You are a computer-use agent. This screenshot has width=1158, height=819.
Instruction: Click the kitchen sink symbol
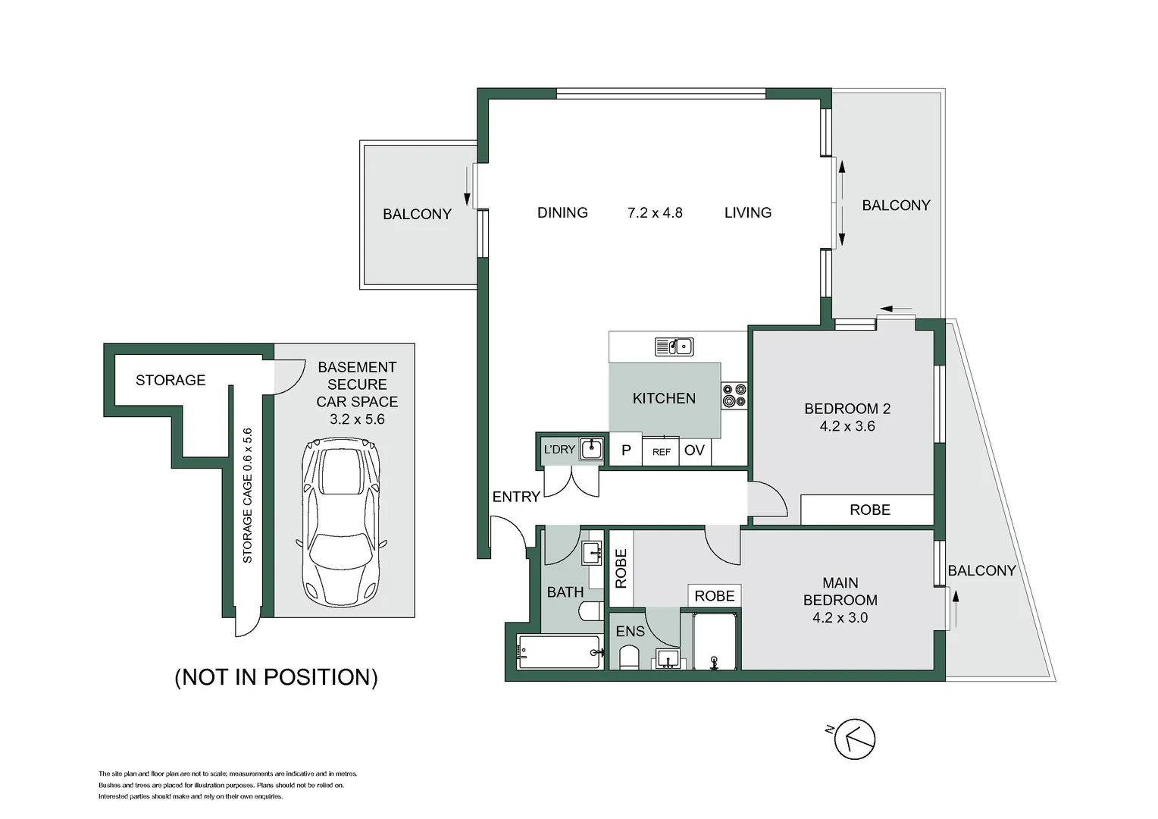point(674,346)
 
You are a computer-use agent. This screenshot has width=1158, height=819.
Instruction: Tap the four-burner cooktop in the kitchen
point(734,395)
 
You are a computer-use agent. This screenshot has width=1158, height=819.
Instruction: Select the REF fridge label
point(661,452)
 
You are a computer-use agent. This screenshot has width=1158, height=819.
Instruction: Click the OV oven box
point(695,451)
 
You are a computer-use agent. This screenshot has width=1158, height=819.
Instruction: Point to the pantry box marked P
point(626,450)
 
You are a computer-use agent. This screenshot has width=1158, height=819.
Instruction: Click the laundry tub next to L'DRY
point(591,449)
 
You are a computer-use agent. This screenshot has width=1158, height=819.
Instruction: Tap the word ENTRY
point(516,497)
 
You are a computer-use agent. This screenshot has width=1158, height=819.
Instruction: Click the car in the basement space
point(341,522)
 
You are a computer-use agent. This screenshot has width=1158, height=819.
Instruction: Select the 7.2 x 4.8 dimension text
point(655,212)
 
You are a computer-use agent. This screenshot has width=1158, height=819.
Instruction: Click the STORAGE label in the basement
point(171,380)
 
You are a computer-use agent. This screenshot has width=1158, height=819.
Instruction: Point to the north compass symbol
point(854,739)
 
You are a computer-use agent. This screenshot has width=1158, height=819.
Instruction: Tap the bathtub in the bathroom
point(560,652)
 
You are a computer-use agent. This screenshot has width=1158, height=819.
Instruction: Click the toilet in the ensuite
point(629,657)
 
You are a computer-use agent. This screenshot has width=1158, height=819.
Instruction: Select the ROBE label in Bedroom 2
point(870,510)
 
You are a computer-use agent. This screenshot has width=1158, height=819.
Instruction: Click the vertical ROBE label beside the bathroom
point(621,569)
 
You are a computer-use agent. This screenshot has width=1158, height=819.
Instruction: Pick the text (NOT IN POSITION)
point(277,677)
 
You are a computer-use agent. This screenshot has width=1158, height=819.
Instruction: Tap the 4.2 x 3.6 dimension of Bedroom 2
point(847,426)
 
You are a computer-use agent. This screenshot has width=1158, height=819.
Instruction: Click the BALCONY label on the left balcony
point(417,214)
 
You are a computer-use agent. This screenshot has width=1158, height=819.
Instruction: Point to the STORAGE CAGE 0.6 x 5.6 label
point(247,496)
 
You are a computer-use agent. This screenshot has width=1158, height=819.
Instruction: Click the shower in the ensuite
point(715,642)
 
